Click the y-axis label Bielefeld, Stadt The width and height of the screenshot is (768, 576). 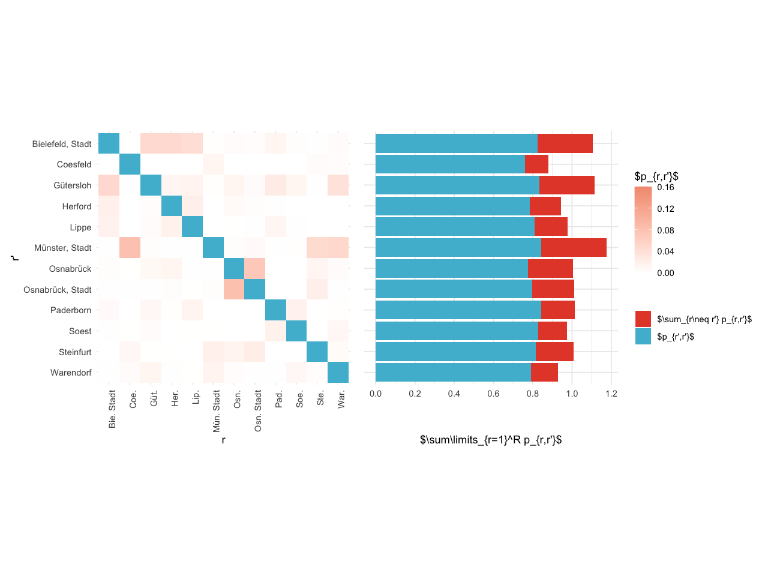tap(62, 144)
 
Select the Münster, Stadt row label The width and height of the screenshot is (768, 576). tap(63, 248)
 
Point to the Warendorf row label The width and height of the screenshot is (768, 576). tap(71, 373)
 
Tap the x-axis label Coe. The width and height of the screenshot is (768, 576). tap(133, 400)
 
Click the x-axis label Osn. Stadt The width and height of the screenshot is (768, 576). tap(258, 411)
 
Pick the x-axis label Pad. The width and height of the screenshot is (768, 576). tap(279, 400)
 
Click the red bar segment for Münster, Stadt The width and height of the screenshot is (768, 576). tap(574, 248)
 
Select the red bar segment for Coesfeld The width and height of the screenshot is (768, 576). tap(536, 164)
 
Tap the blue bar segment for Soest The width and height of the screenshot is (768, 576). tap(457, 331)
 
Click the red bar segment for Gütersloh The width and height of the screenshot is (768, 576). tap(567, 185)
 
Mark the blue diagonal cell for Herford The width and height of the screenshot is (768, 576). tap(172, 206)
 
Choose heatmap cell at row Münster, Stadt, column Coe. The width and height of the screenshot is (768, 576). tap(130, 248)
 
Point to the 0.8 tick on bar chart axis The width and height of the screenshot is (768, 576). tap(533, 394)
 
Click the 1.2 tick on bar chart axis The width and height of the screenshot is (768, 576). tap(611, 394)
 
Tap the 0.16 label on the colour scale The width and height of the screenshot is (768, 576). tap(665, 187)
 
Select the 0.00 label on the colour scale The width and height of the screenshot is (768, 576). tap(665, 273)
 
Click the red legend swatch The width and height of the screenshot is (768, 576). tap(643, 319)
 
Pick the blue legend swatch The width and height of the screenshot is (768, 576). tap(643, 337)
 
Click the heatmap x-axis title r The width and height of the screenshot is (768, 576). tap(223, 440)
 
